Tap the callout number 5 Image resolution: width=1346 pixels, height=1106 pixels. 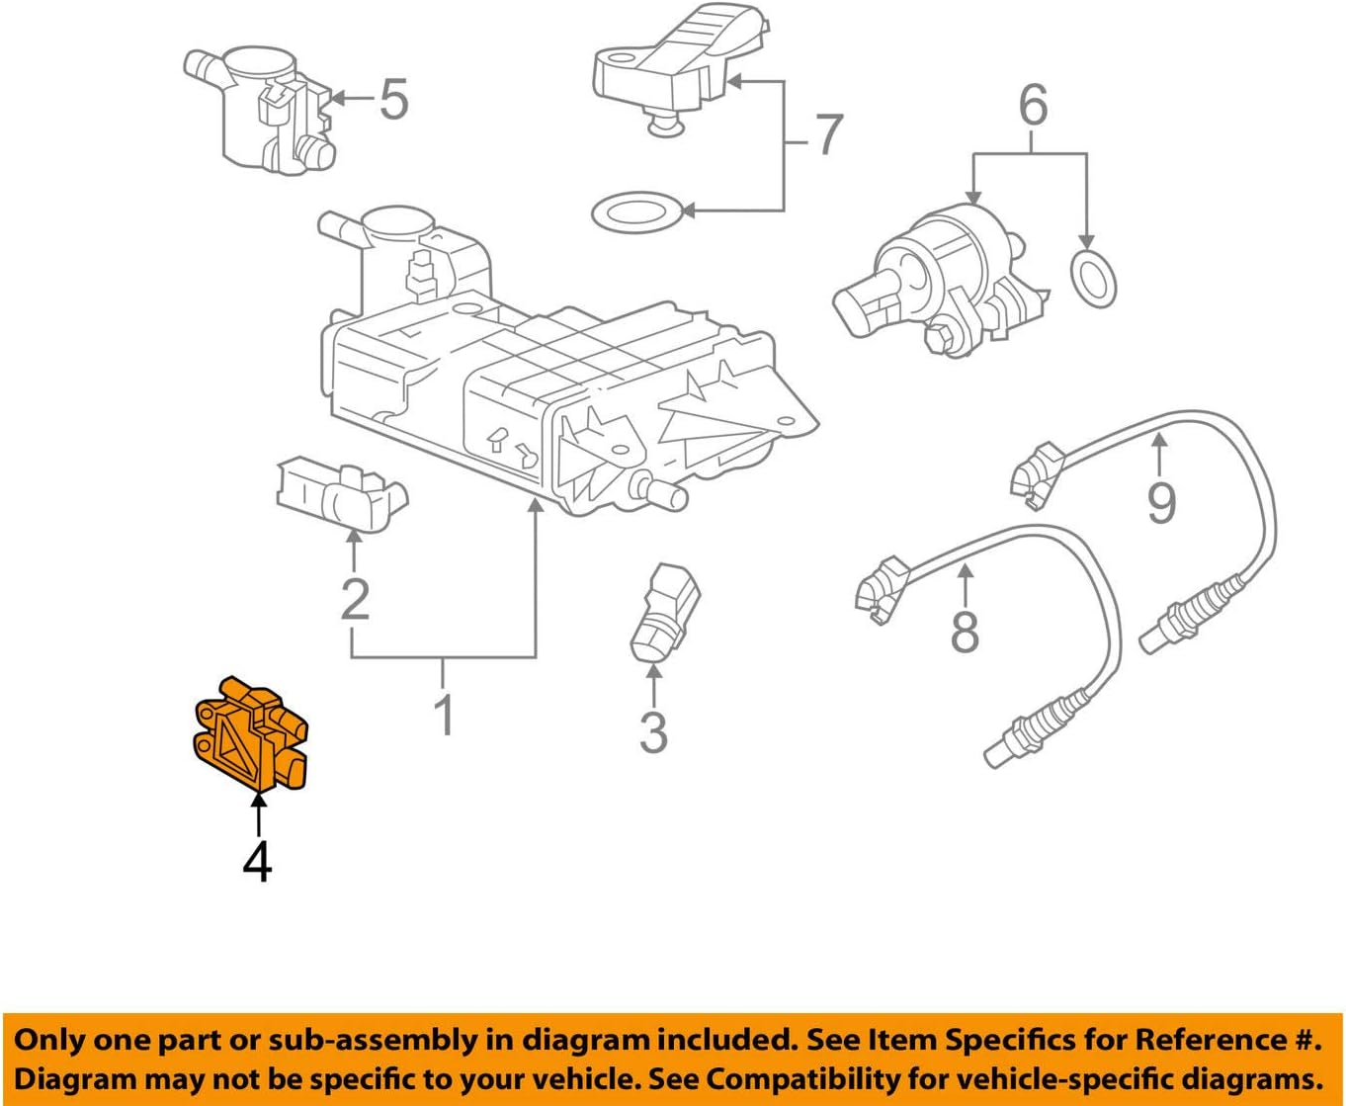tap(393, 100)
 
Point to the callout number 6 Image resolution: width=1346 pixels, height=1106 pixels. tap(1032, 105)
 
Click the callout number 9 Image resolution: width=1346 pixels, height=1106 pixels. tap(1160, 502)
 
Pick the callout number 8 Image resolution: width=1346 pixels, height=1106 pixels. tap(964, 630)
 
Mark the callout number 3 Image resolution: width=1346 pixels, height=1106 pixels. tap(653, 732)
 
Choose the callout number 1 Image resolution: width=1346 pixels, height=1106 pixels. tap(445, 713)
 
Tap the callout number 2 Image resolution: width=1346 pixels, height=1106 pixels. tap(355, 598)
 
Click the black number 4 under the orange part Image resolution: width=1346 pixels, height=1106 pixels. tap(257, 862)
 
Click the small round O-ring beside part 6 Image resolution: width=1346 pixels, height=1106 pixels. tap(1093, 278)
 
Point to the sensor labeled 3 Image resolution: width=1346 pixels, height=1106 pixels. tap(663, 610)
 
